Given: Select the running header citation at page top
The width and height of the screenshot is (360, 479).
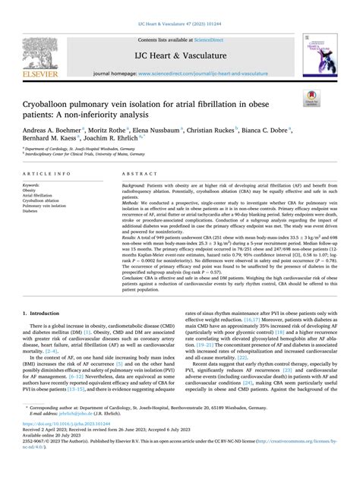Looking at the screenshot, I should click(x=179, y=5).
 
